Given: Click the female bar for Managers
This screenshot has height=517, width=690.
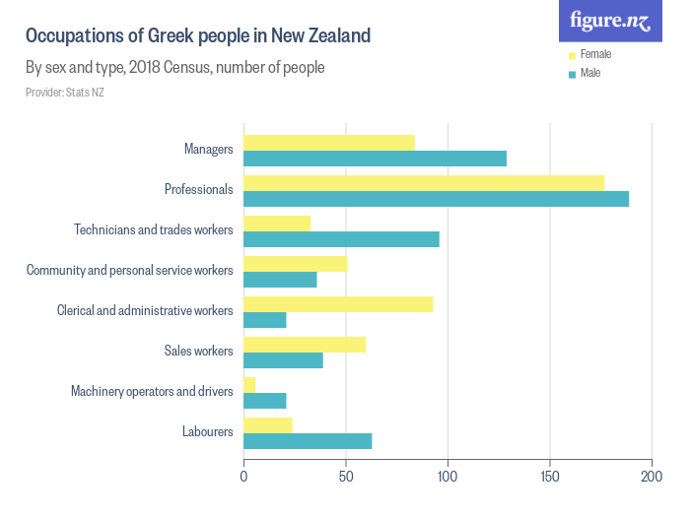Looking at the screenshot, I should point(329,143).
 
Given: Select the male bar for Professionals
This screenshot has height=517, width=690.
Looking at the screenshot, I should point(436,199).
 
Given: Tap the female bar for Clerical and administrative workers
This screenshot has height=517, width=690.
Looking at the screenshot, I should point(338,304).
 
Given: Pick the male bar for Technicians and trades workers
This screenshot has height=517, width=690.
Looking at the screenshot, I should point(341,239).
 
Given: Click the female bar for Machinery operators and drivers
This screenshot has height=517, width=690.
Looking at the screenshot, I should point(249,385).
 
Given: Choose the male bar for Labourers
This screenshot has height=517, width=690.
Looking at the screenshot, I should point(308,441).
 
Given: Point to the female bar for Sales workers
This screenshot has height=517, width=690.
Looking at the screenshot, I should point(305,345).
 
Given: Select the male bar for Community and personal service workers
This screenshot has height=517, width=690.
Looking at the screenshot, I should point(280,280).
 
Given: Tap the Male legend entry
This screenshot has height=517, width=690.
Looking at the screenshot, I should point(589,74).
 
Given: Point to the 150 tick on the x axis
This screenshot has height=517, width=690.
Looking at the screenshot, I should point(549,477).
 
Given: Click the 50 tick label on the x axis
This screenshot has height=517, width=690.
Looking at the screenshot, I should point(345,477).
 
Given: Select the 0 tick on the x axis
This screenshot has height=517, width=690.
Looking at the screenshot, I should point(243,477).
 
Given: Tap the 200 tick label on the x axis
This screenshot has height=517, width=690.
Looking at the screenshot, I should point(651,477).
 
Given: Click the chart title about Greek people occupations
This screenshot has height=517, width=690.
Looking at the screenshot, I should point(198,36).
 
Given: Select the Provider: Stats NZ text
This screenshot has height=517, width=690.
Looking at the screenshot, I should point(65,93).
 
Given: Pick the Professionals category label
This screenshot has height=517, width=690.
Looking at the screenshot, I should point(198,190).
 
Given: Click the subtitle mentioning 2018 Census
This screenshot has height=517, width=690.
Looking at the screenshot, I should point(174,68).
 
